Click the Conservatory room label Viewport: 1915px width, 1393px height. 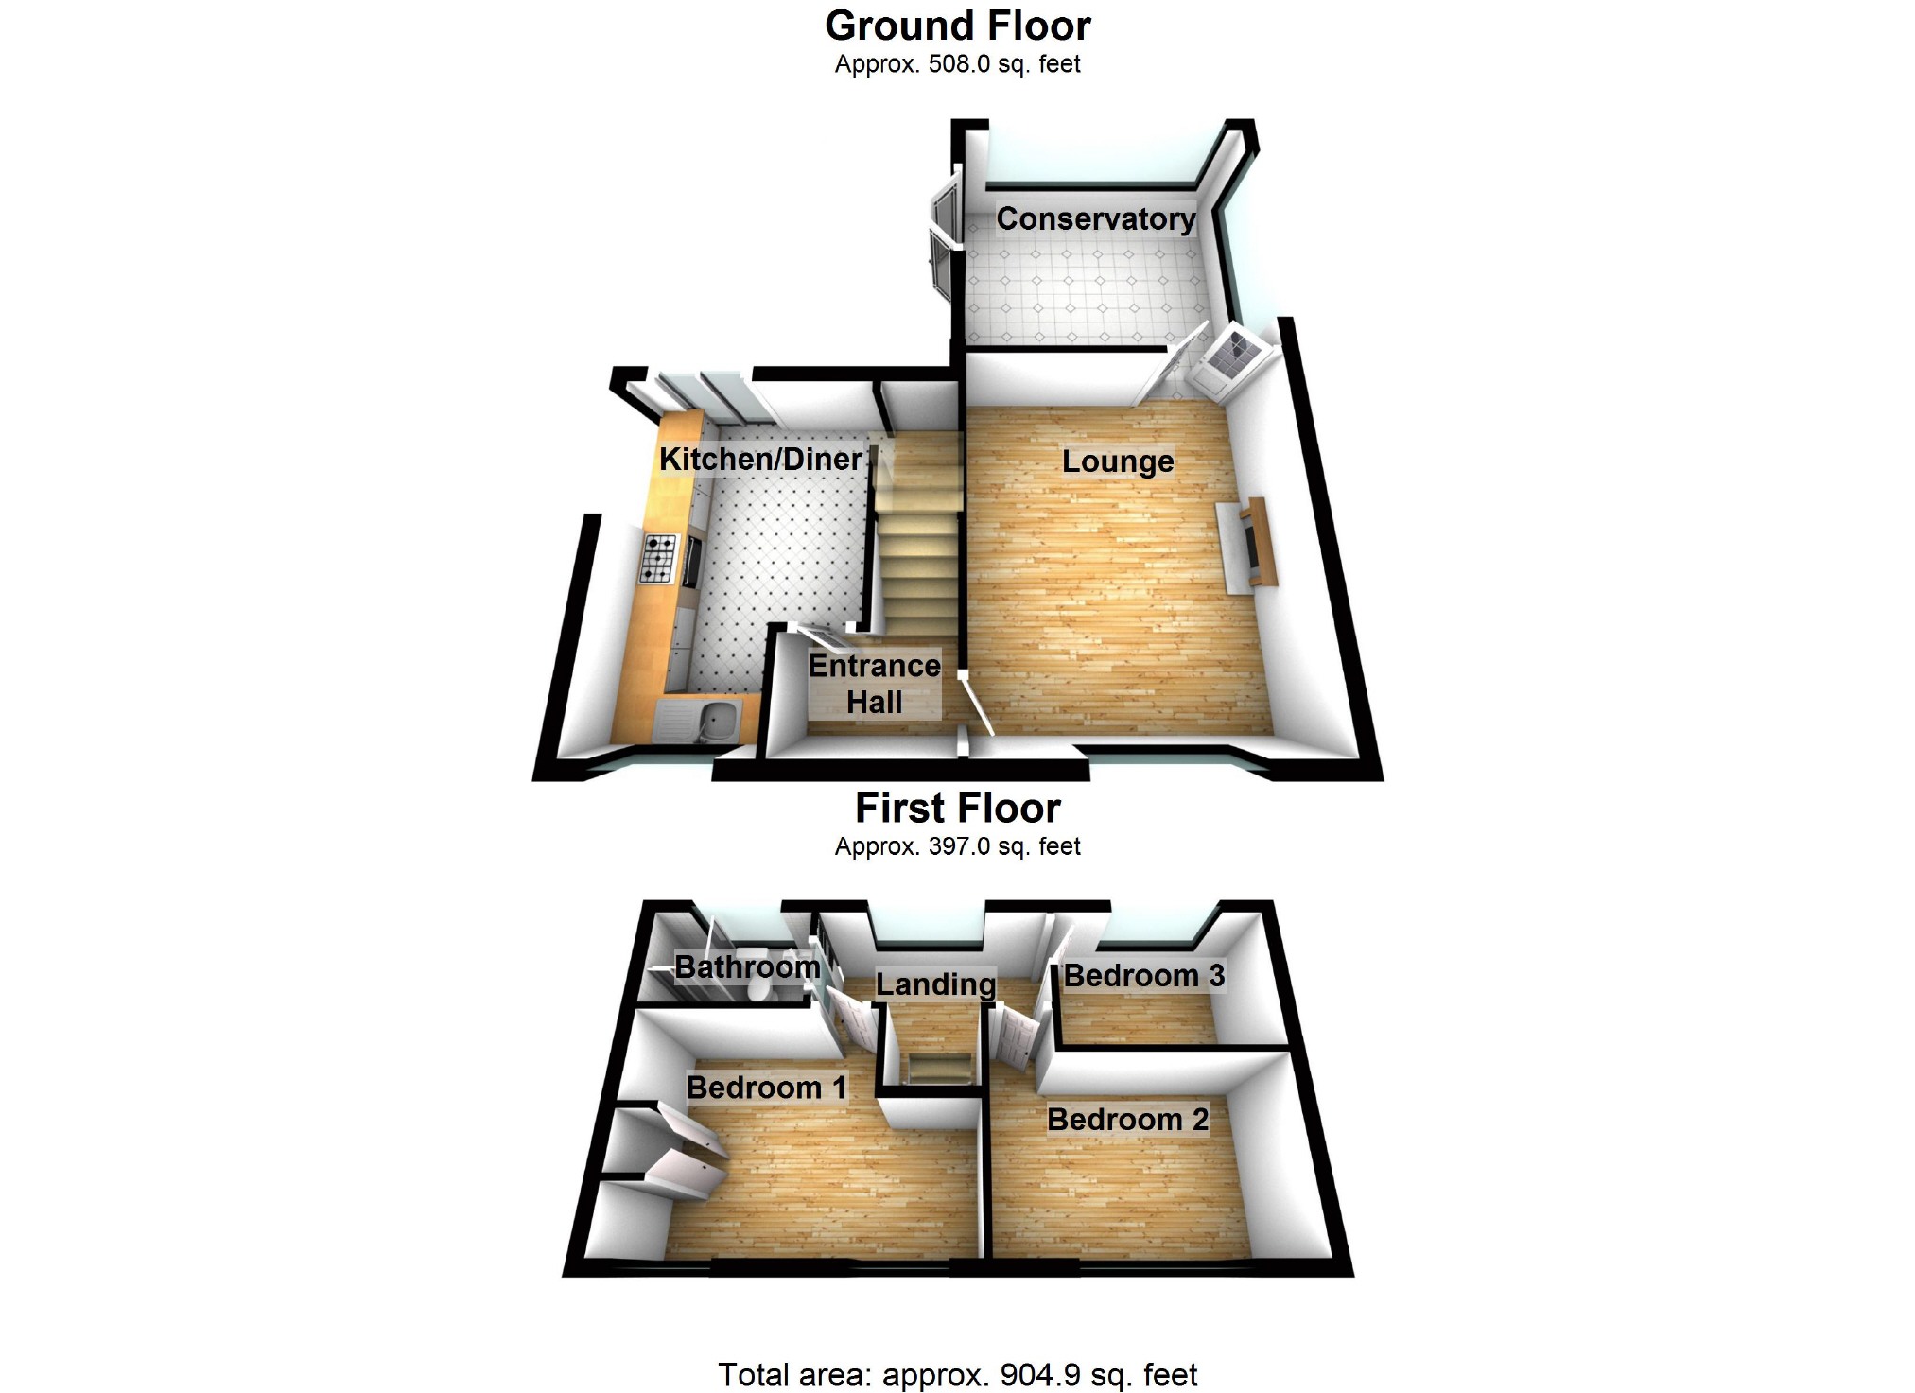1095,219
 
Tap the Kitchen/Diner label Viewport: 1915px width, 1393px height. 760,460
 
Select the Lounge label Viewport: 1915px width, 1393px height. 1118,461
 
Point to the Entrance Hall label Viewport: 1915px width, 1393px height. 874,684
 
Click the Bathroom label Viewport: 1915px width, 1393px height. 746,967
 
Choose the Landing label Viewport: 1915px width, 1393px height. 935,984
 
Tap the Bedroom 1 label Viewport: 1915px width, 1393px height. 766,1088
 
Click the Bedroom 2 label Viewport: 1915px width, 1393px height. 1127,1120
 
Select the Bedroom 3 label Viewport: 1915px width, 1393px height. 1143,976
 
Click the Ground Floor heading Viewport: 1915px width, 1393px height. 957,26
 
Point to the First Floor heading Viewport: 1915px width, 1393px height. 957,809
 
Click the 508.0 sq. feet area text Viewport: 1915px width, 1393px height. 957,64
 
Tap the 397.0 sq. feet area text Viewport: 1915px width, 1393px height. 957,846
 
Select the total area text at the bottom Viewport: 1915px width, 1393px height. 957,1375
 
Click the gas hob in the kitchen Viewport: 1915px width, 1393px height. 660,558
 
